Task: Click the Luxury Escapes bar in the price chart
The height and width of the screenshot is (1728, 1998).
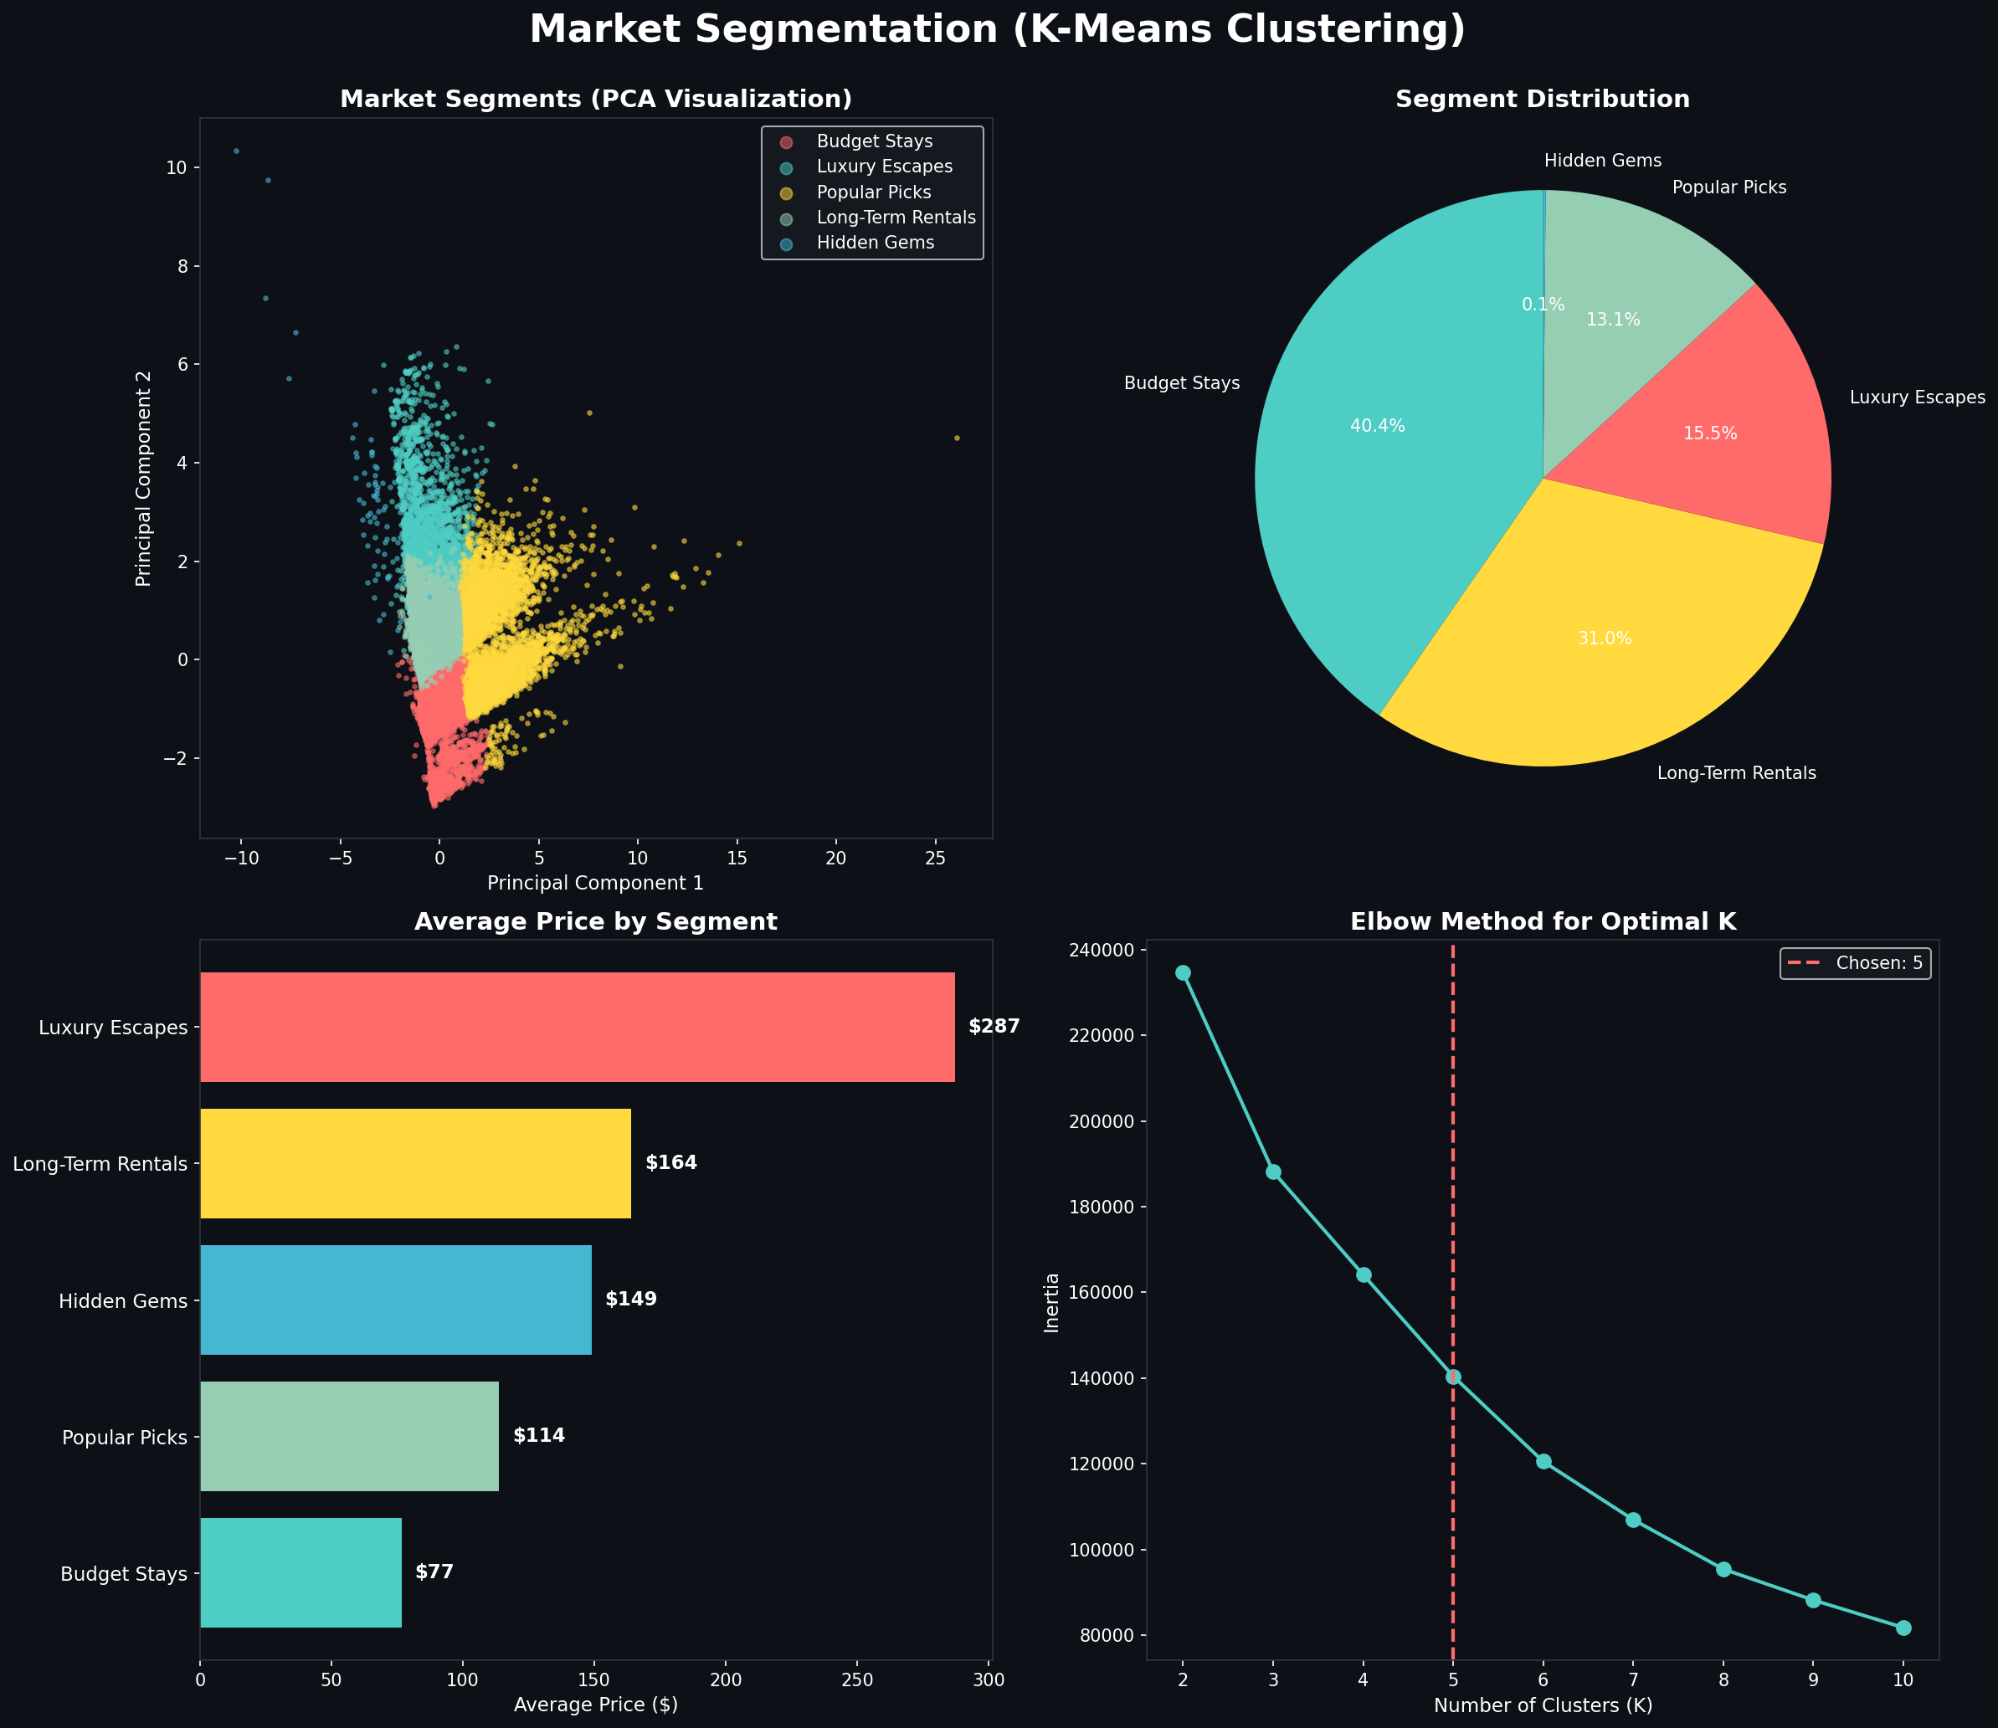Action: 577,1027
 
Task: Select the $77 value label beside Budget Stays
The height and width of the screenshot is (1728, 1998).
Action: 434,1572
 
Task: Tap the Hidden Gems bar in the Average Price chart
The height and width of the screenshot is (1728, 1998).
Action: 395,1300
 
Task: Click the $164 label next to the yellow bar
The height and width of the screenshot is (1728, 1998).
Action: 670,1163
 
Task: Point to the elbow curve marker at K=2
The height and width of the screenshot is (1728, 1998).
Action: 1184,972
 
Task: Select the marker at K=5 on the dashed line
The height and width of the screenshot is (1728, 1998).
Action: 1453,1377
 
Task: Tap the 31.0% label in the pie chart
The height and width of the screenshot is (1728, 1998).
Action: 1605,638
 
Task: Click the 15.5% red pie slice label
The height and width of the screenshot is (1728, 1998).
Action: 1710,434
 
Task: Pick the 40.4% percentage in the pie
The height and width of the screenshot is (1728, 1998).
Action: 1377,426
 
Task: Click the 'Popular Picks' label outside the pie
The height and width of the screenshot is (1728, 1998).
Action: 1729,188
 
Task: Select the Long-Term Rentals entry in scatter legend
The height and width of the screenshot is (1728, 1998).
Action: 896,218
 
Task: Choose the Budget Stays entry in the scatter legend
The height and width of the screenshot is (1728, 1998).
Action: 874,141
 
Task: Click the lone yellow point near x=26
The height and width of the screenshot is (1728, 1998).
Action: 957,438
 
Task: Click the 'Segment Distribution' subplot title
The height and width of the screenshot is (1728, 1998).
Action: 1542,100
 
